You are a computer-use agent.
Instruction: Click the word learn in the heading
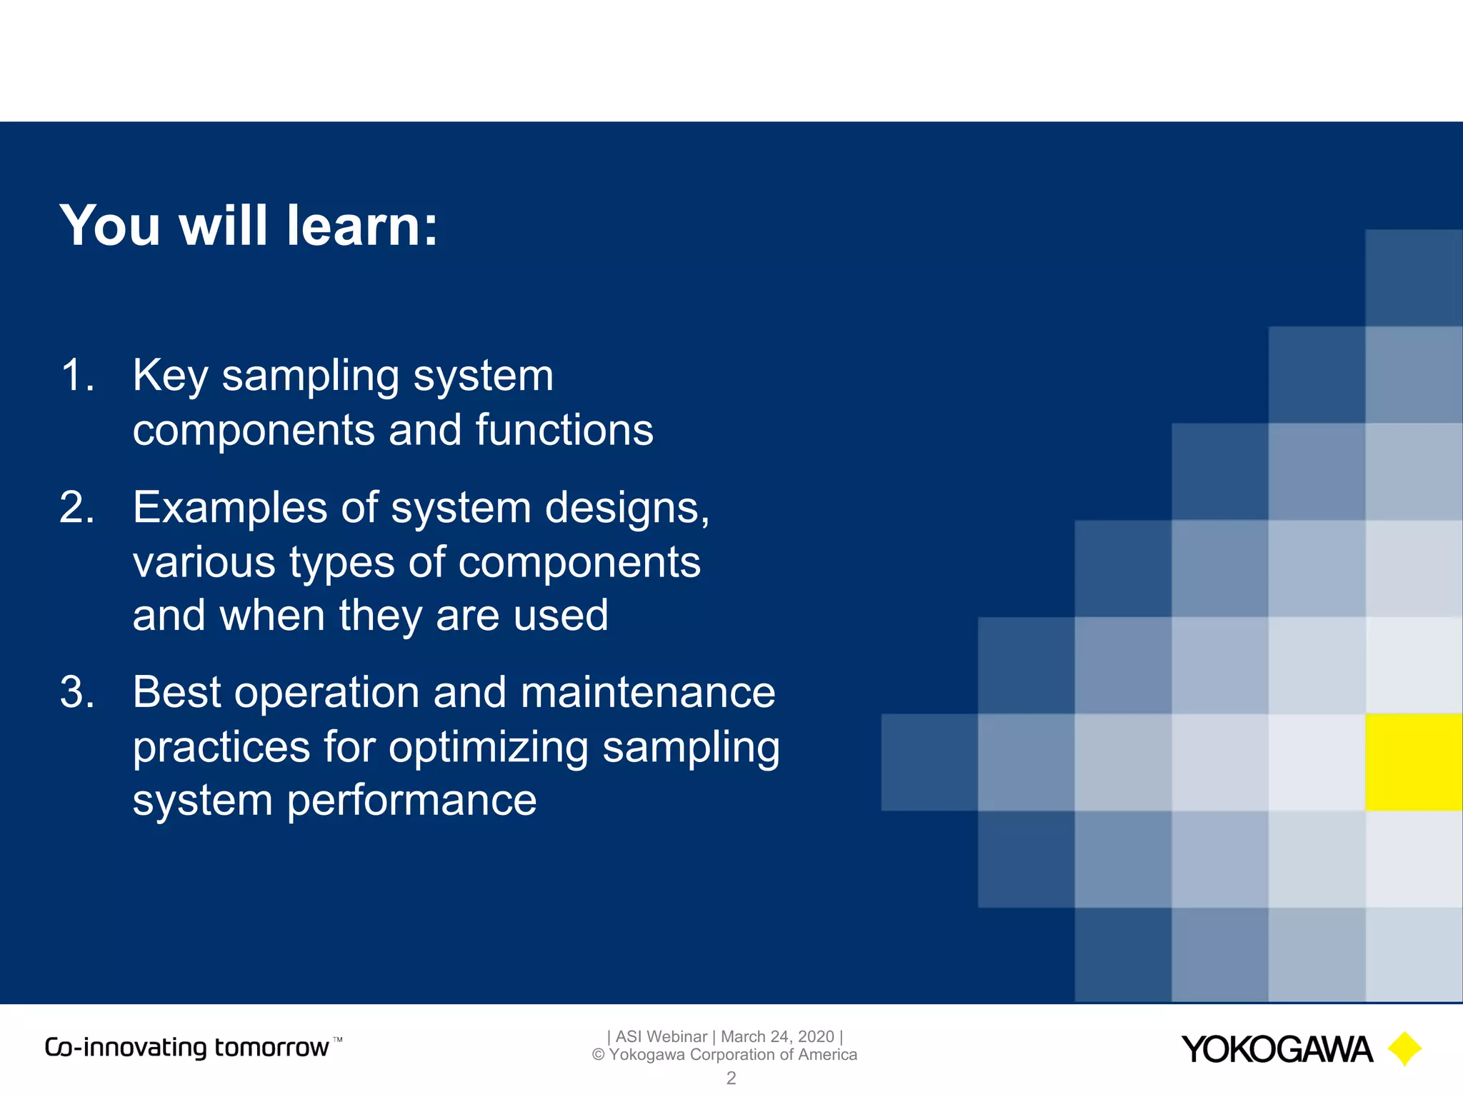click(361, 226)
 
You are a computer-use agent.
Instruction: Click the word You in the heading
click(111, 226)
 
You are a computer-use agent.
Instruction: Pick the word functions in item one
click(564, 430)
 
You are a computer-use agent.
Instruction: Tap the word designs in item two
click(626, 509)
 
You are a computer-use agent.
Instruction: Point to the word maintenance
click(647, 692)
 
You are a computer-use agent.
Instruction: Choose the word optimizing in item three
click(489, 748)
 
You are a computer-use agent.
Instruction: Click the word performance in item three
click(411, 801)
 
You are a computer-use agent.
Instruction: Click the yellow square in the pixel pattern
click(1413, 762)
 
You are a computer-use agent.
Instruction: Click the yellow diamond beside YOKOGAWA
click(1404, 1048)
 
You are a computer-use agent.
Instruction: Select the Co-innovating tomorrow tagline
click(187, 1048)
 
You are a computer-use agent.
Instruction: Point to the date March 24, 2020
click(777, 1036)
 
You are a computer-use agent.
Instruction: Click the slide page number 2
click(731, 1078)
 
